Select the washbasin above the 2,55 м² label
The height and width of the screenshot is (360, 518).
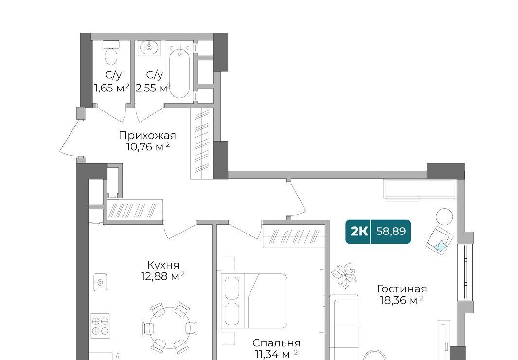coord(149,48)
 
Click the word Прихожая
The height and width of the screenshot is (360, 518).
coord(147,135)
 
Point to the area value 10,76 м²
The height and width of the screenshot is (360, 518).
coord(148,146)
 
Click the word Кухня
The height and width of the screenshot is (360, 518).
coord(163,265)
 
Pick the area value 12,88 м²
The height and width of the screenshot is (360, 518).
coord(163,276)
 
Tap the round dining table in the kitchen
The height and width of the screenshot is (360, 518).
coord(170,328)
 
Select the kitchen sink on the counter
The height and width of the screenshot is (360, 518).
coord(100,282)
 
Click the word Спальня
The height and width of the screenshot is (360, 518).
coord(276,342)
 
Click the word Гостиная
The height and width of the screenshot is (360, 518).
coord(402,289)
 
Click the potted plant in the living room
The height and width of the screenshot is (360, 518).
coord(344,275)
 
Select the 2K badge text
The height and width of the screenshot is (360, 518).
coord(359,232)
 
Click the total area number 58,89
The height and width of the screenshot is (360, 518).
coord(391,231)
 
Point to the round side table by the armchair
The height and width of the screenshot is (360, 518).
coord(444,216)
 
